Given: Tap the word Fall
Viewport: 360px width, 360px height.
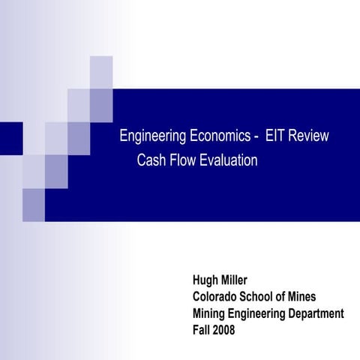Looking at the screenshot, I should [202, 325].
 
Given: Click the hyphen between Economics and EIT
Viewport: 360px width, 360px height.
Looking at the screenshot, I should [257, 138].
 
